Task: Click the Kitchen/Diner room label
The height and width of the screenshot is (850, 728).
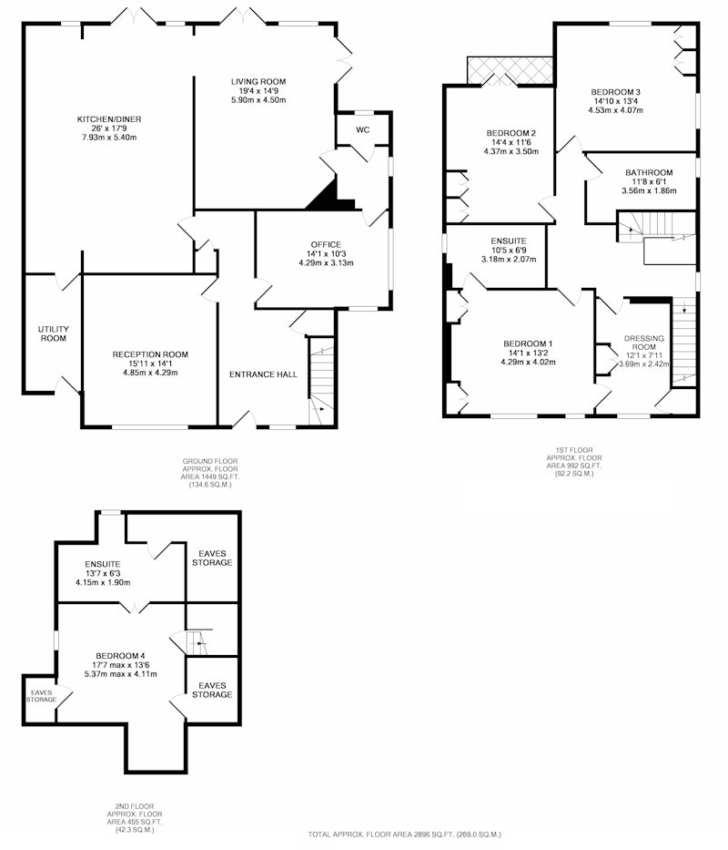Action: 109,119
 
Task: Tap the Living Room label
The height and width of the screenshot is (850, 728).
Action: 258,82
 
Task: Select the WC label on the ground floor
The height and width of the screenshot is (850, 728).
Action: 362,130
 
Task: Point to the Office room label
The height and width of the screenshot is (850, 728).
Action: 326,244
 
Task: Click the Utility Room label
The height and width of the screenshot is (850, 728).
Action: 53,334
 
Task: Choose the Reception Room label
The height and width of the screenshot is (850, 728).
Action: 150,354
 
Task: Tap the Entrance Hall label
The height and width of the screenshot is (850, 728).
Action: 263,374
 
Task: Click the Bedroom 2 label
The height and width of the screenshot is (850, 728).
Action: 511,133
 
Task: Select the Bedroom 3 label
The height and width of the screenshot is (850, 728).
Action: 615,92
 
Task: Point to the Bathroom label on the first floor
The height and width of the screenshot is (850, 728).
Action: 649,173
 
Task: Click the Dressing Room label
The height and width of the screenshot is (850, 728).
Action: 643,343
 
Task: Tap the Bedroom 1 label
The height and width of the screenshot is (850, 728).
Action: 528,343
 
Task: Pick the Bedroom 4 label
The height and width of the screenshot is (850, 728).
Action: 120,656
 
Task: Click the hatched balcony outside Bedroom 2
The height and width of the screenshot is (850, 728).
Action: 510,70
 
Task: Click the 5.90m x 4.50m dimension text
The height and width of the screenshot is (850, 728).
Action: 258,100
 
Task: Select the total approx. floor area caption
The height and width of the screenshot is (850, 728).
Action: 405,835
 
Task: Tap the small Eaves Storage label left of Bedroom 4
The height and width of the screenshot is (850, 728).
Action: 41,696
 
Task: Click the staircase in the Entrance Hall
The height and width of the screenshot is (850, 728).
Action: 321,381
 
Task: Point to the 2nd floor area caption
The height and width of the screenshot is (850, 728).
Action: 135,818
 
